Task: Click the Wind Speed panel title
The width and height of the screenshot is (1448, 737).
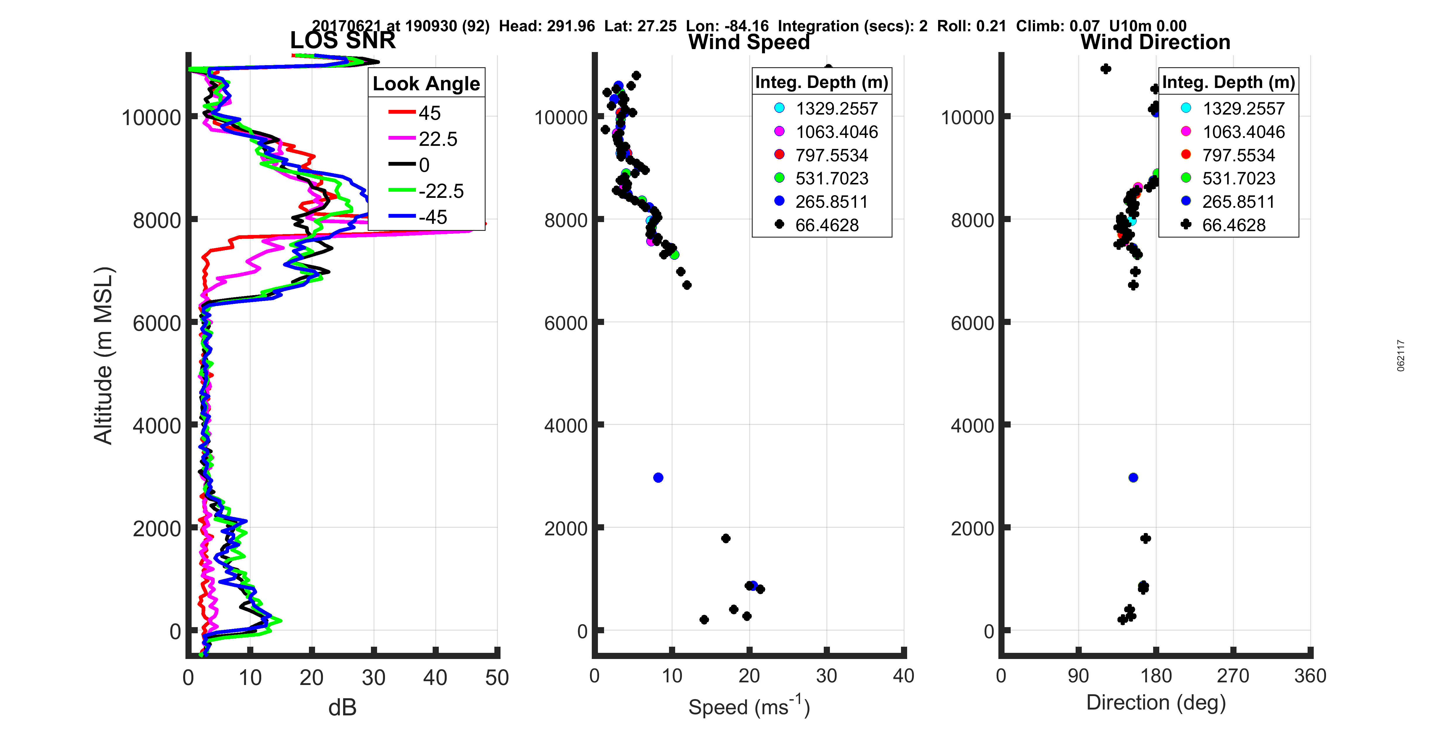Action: point(749,42)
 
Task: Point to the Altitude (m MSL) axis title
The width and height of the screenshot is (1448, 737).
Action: point(104,356)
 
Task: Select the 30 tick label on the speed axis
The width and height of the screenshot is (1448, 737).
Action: point(826,676)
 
